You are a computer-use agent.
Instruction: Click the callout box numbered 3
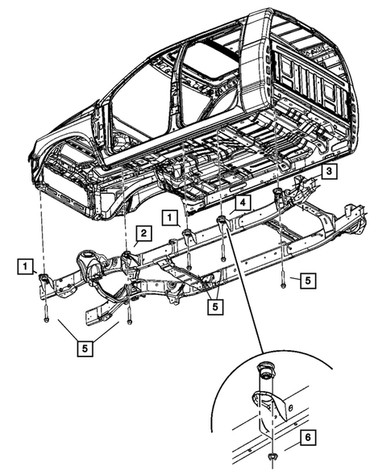point(331,172)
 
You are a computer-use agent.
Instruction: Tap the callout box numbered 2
point(142,234)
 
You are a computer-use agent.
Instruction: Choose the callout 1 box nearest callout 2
point(168,216)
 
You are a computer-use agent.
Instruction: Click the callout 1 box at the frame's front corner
point(27,265)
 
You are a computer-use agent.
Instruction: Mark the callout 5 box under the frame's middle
point(214,306)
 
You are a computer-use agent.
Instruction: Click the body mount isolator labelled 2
point(127,257)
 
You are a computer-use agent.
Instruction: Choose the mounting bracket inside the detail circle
point(266,403)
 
